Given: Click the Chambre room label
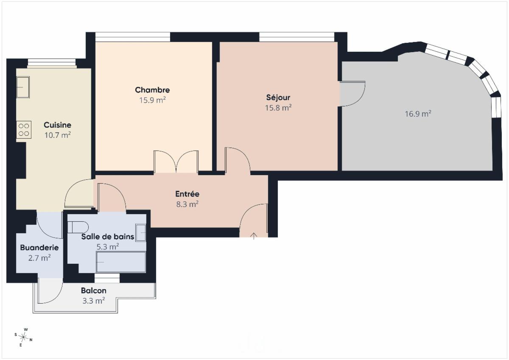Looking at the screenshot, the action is (x=152, y=90).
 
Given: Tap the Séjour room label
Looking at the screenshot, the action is (x=278, y=98).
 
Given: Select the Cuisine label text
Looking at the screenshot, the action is (x=58, y=125).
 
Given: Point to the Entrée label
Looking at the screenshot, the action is (x=187, y=194).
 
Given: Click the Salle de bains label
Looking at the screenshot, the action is (x=108, y=237).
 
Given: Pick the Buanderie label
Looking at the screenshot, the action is (x=39, y=248).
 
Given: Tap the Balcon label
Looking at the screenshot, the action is (x=94, y=290).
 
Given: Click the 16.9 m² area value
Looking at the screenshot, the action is (x=418, y=114).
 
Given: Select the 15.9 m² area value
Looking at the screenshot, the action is (x=152, y=100).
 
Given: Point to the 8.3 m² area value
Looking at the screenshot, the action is (x=187, y=204).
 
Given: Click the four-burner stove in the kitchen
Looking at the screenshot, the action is (x=24, y=129).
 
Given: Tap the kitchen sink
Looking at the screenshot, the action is (x=23, y=87).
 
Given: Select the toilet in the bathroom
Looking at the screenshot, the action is (x=78, y=227).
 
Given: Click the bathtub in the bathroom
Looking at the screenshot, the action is (x=121, y=262).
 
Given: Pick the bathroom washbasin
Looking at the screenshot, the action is (x=141, y=233).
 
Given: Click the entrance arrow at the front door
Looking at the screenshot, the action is (x=254, y=236).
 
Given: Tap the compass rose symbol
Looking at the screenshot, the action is (x=23, y=337).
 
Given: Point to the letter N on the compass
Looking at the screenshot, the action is (x=31, y=340).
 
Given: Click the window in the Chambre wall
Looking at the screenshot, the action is (x=133, y=37).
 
